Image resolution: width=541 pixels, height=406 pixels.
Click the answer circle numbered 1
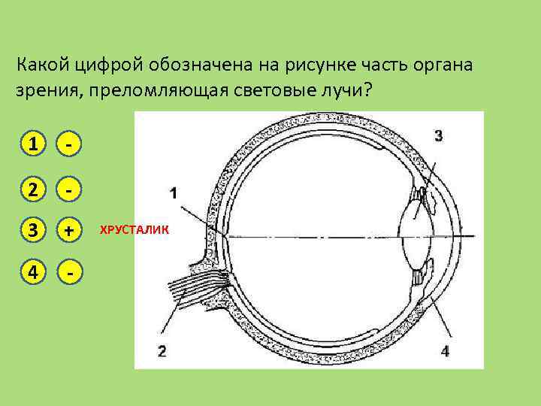coord(30,143)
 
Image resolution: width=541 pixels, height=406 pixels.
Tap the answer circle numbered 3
coord(30,232)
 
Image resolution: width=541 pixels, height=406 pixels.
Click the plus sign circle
coord(69,232)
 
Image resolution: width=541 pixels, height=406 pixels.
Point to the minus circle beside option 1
coord(69,143)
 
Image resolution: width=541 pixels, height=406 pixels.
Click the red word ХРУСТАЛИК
coord(135,230)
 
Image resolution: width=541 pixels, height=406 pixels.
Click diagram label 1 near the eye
coord(174,194)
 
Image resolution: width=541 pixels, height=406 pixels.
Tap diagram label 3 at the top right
coord(439,135)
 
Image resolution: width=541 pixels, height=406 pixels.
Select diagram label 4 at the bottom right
coord(445,350)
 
